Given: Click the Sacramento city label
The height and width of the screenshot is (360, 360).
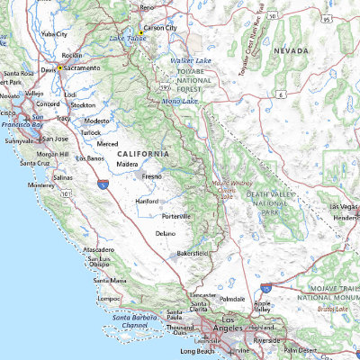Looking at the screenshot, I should coord(82,67).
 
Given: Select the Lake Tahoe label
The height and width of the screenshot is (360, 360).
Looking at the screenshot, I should coord(129,39).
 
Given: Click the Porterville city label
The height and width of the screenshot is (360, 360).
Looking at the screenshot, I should coord(176,217).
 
